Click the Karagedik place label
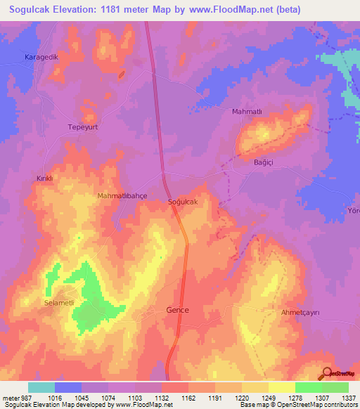click(x=40, y=56)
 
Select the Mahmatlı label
click(x=246, y=111)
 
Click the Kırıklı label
click(x=45, y=178)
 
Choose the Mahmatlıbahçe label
click(x=122, y=196)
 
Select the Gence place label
click(x=177, y=310)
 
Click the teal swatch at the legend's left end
click(x=41, y=387)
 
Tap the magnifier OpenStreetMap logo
click(x=328, y=373)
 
